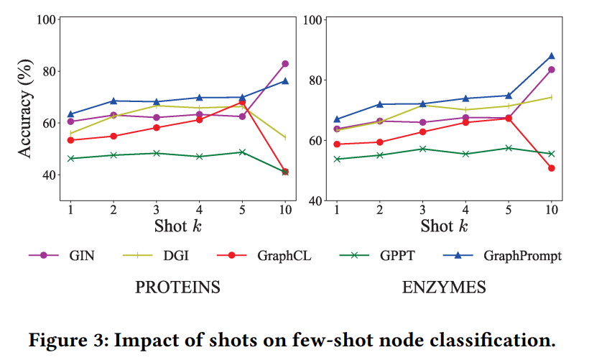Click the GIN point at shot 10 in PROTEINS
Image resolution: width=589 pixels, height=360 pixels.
pos(285,64)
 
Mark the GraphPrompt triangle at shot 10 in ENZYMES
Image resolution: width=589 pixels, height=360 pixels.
pos(552,55)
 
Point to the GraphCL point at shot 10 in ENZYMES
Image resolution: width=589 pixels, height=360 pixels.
pos(552,168)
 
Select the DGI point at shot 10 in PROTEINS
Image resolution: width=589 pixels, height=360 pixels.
pos(285,137)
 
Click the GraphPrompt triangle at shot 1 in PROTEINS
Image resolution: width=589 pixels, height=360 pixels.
pos(70,114)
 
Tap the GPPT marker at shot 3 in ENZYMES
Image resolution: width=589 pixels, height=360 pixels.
pos(422,149)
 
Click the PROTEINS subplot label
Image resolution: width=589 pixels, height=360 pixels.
pos(177,288)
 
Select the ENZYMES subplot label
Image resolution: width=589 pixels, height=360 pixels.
pos(444,288)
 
